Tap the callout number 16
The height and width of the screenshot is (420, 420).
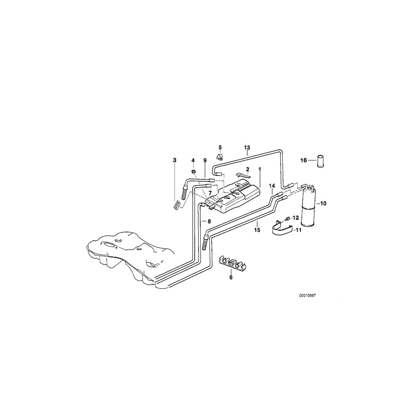(x=303, y=160)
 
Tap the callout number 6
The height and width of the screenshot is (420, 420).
(x=230, y=277)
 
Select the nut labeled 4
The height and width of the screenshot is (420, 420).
(x=193, y=169)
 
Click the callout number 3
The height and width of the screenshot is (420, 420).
(x=175, y=160)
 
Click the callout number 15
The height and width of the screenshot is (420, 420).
(x=256, y=230)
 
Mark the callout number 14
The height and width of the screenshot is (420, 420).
(x=272, y=186)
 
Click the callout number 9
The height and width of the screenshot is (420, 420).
(x=204, y=160)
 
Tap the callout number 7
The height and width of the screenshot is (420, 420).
(x=210, y=193)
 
